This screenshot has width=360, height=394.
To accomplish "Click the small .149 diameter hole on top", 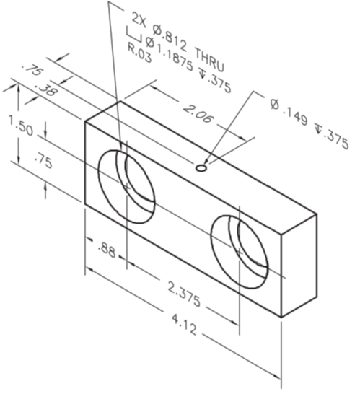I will [x=201, y=167].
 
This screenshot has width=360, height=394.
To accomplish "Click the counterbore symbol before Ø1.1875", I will [x=132, y=32].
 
